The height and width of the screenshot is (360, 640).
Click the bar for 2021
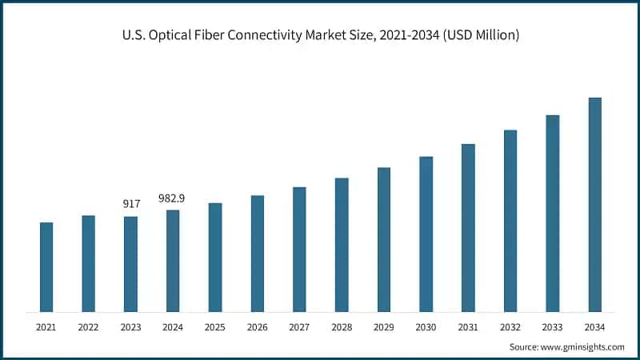tap(46, 267)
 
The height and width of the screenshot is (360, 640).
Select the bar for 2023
tap(130, 264)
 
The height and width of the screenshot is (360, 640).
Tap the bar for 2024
tap(173, 261)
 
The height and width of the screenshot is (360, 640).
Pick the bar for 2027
tap(299, 250)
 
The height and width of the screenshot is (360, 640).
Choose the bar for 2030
tap(426, 234)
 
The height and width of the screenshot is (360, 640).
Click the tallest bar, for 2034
tap(594, 205)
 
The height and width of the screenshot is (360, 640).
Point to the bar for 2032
tap(510, 221)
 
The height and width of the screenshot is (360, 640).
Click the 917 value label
tap(131, 204)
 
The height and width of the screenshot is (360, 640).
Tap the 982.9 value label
tap(173, 198)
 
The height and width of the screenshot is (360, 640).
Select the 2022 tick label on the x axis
tap(88, 327)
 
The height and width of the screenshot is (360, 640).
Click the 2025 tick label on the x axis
tap(214, 327)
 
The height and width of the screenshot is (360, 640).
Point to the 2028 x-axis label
tap(342, 327)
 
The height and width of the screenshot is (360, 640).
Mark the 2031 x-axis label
tap(468, 327)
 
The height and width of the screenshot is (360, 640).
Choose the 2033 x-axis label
tap(552, 327)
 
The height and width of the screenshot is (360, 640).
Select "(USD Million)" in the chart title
tap(479, 36)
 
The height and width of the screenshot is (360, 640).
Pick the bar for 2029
tap(384, 240)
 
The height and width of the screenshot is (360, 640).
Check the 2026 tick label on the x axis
tap(257, 327)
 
